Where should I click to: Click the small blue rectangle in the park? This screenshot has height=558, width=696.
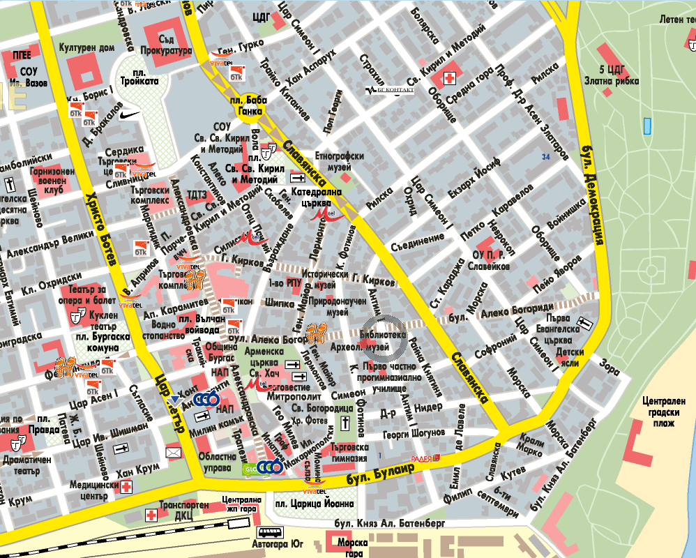646,126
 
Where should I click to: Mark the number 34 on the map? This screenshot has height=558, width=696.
545,158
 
